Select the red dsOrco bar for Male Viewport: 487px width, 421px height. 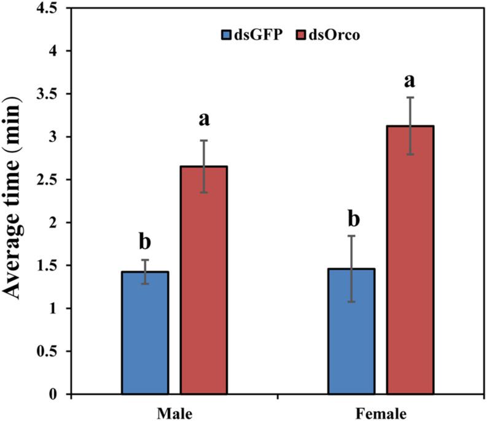[203, 280]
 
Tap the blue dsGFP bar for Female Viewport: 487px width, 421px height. [351, 331]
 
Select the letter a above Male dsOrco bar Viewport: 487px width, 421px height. [203, 119]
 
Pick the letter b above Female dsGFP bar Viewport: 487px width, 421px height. [351, 218]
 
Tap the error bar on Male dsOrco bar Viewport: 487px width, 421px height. [203, 166]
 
